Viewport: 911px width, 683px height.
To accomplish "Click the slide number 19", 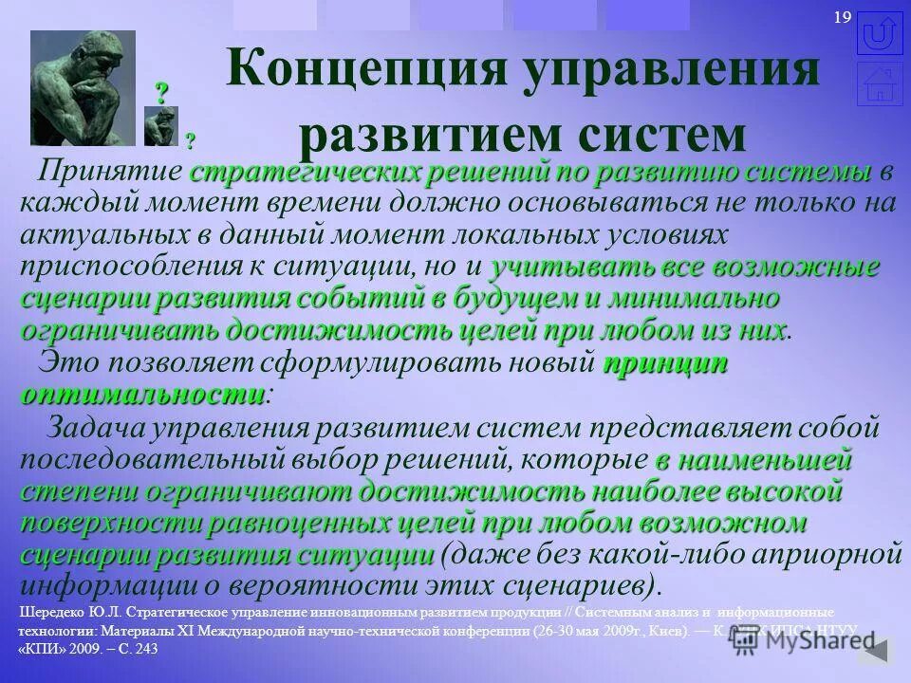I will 842,18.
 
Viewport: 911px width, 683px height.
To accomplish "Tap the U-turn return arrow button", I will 879,33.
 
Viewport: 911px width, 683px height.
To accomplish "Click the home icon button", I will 879,83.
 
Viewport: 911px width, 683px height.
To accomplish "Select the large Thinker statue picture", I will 83,87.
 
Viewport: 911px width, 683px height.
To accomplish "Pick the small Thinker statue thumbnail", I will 160,125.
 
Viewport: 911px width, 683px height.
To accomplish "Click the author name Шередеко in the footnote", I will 52,612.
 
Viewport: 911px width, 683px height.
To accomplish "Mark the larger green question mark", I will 162,93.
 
